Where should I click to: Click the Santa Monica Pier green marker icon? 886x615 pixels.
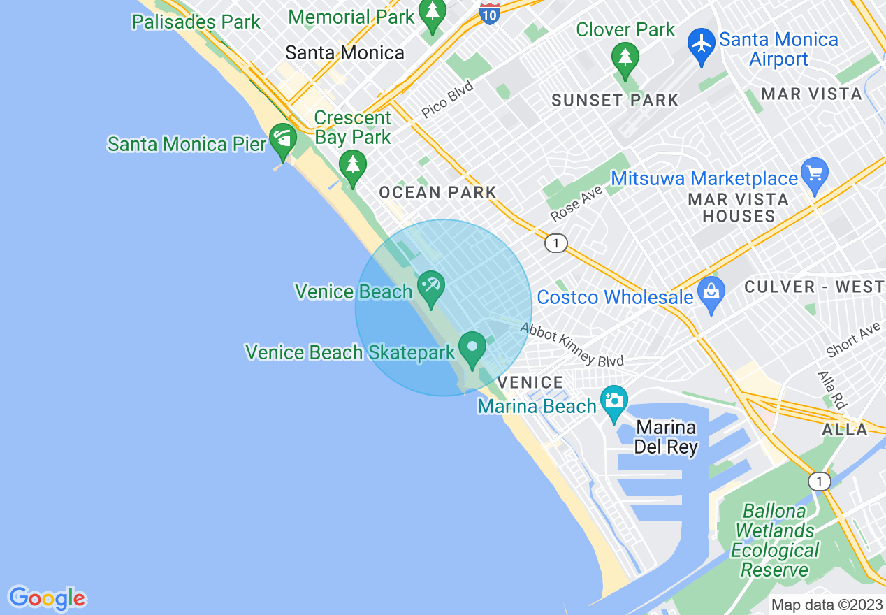coord(283,137)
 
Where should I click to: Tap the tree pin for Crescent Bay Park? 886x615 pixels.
coord(353,166)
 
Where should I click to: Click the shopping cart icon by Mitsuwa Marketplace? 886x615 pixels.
coord(815,172)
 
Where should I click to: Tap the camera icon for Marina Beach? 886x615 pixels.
coord(614,400)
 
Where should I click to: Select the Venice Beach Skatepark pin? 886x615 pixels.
coord(472,347)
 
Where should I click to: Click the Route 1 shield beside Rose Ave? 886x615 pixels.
coord(555,243)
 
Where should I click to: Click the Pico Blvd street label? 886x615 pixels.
coord(447,100)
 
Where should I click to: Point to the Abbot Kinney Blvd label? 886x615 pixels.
coord(572,345)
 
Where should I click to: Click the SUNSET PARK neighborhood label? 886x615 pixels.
coord(615,100)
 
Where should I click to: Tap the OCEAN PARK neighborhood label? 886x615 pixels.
coord(437,192)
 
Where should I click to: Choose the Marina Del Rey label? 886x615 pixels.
coord(666,437)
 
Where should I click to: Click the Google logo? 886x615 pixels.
coord(47,598)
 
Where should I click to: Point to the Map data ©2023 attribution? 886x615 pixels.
coord(825,605)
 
